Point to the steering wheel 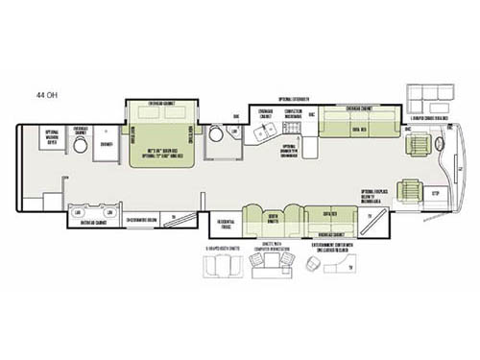pos(438,146)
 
